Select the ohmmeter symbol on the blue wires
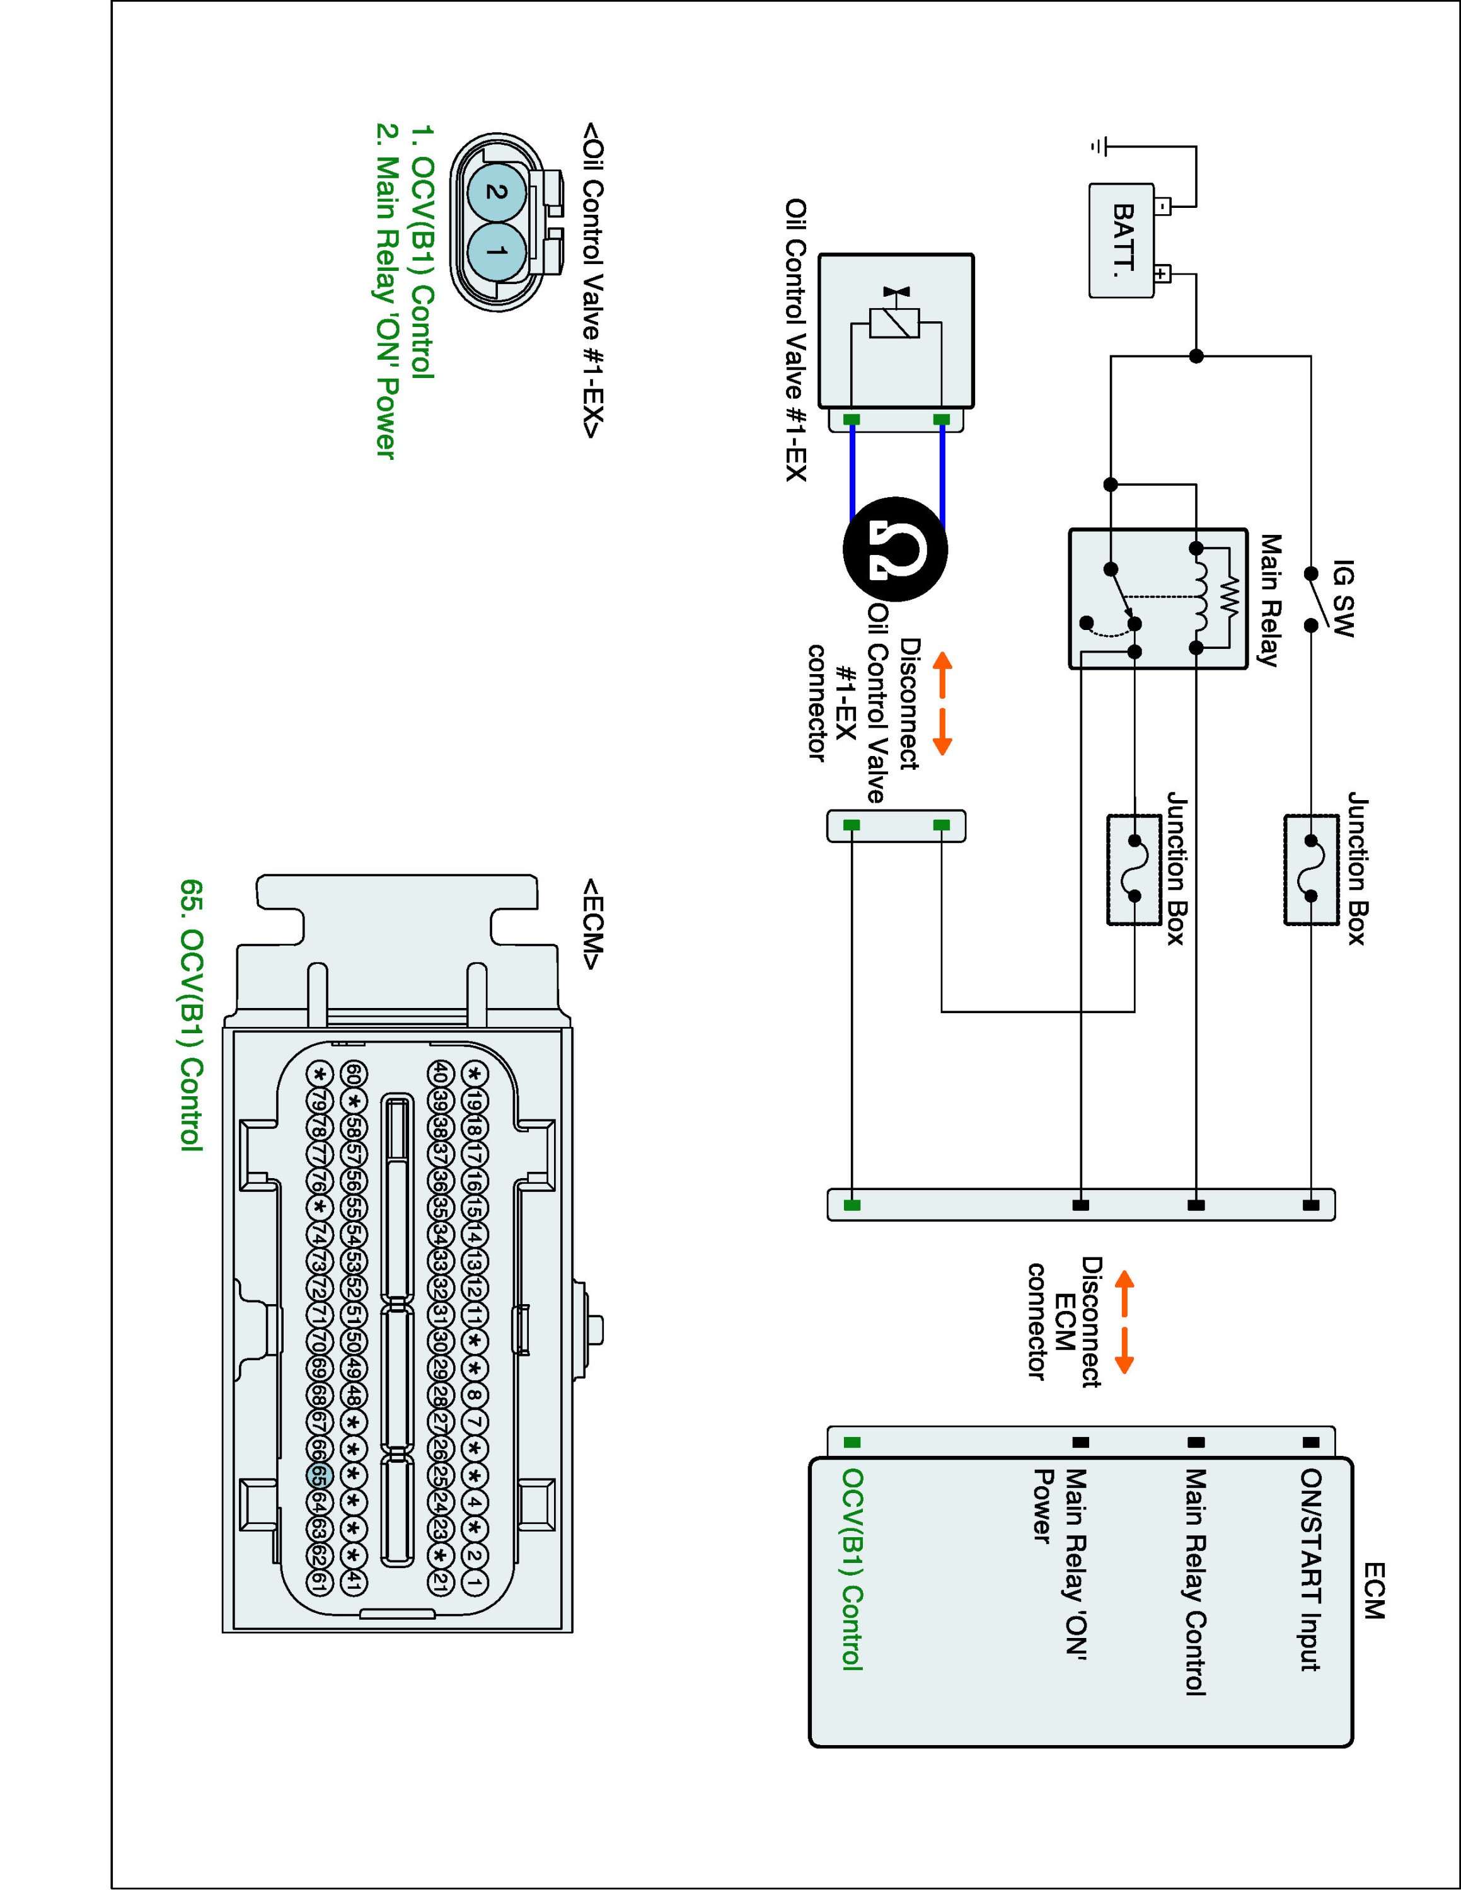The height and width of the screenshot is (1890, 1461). pyautogui.click(x=895, y=549)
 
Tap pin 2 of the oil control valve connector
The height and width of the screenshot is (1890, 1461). pyautogui.click(x=496, y=192)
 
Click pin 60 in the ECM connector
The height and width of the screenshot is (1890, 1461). pyautogui.click(x=354, y=1074)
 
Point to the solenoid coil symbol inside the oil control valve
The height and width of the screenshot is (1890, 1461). pyautogui.click(x=895, y=324)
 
